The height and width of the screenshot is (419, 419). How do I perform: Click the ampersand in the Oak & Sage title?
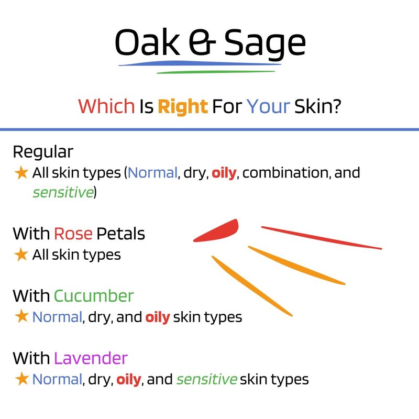point(202,42)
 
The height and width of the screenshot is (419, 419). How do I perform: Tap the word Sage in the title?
point(264,44)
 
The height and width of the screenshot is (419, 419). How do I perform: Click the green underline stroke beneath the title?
point(216,72)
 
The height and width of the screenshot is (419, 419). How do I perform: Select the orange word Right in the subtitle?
point(183,107)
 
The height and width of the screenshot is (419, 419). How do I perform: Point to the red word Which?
point(106,106)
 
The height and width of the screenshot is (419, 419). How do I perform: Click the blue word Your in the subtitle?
point(268,106)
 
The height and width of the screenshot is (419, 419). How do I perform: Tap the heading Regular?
point(43,152)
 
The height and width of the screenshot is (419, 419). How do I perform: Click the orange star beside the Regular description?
point(21,172)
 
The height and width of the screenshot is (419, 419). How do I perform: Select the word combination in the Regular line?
point(285,172)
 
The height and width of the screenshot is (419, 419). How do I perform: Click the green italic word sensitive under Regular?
point(63,192)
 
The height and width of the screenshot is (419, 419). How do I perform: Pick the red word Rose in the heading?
point(73,234)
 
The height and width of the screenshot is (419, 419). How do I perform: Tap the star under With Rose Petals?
point(21,254)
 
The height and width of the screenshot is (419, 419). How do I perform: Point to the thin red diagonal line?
point(322,238)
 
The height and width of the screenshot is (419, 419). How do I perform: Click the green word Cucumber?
point(94,296)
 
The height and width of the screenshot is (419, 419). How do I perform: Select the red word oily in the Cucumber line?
point(158,317)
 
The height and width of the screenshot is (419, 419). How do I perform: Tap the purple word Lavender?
point(91,358)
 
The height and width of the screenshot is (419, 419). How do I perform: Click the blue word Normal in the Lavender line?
point(57,379)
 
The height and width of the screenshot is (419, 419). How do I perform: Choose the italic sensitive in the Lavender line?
point(206,379)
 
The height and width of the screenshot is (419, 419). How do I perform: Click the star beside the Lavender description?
point(21,379)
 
